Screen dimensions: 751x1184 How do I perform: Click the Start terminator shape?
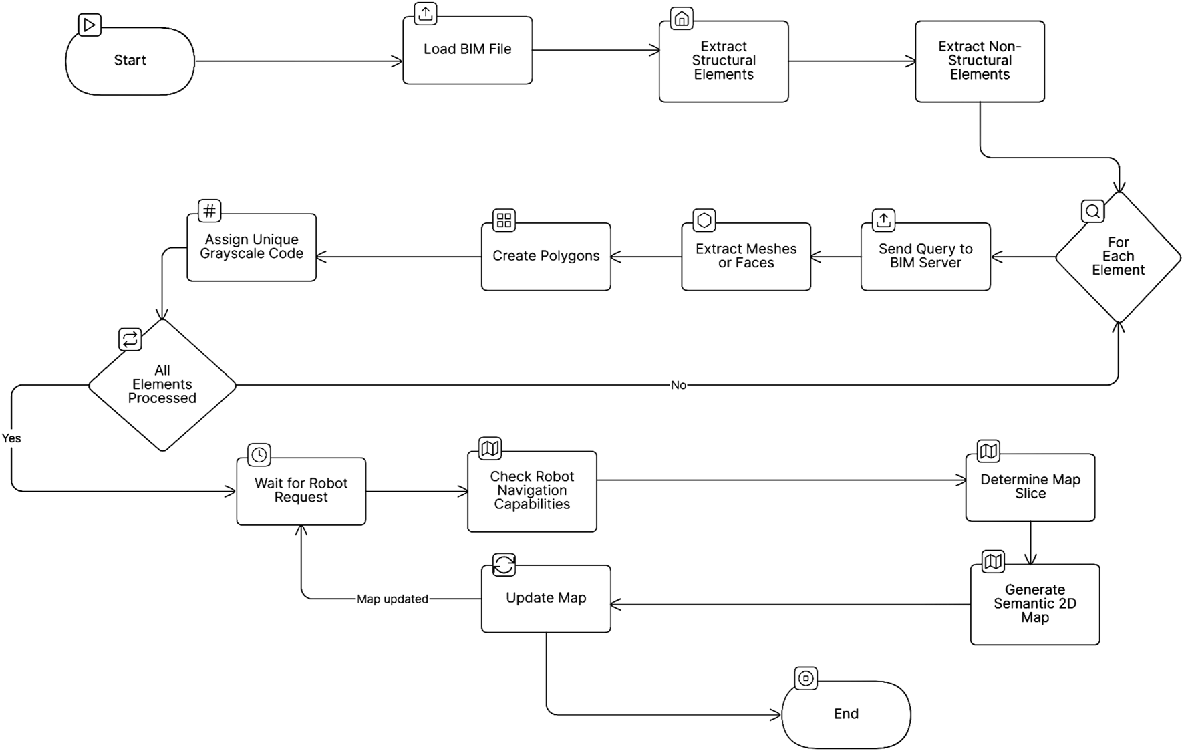(130, 61)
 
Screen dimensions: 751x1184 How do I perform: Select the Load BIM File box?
(467, 50)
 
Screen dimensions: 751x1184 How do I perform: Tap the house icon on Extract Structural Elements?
(681, 19)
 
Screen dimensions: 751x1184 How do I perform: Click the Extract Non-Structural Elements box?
(980, 61)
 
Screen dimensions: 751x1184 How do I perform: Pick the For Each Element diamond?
(1118, 257)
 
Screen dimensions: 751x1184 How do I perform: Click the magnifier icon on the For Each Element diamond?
(1092, 212)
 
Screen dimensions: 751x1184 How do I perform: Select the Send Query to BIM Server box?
(925, 257)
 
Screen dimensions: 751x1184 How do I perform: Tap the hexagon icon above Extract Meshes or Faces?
(704, 220)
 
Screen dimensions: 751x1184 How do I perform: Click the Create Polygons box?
(546, 257)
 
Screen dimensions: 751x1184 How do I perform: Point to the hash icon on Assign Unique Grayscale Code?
(209, 211)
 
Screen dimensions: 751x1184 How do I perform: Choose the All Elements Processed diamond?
(162, 385)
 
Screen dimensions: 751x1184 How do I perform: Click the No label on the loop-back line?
(678, 385)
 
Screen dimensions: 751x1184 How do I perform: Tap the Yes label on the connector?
(11, 438)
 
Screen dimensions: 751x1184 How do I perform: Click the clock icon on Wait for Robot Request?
(259, 455)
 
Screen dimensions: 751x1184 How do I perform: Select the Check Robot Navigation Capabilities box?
(532, 491)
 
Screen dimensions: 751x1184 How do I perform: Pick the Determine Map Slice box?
(1030, 487)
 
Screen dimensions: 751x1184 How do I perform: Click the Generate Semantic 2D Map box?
(1034, 604)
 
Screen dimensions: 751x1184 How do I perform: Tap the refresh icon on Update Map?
(504, 565)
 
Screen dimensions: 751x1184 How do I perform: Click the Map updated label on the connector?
(392, 599)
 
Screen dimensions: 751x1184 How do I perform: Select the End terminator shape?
(846, 714)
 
